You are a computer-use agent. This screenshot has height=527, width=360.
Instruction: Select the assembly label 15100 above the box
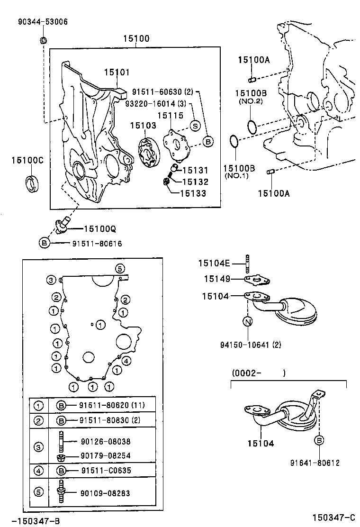136,38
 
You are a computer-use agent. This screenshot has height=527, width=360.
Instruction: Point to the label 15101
117,72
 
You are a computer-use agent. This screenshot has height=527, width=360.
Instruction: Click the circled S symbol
195,125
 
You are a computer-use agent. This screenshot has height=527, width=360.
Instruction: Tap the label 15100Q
100,229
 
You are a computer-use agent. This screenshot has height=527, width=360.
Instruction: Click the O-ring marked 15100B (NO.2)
253,127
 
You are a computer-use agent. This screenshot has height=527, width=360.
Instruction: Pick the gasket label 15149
217,280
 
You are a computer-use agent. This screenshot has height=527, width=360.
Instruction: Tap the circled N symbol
247,322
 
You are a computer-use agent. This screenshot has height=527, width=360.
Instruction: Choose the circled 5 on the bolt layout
120,269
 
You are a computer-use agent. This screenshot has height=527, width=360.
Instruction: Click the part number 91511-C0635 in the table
105,470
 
